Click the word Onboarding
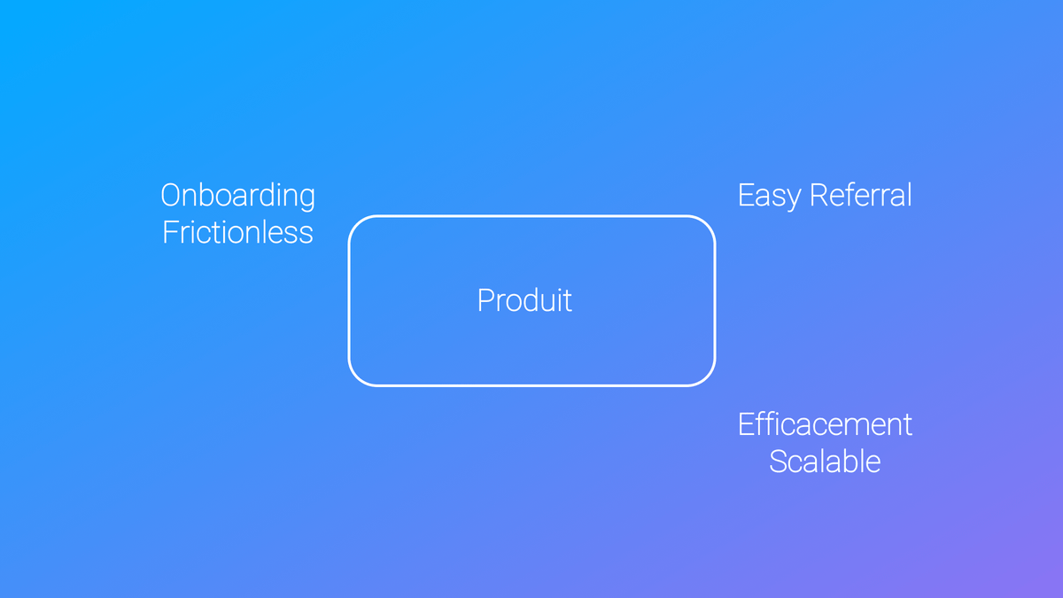(x=237, y=197)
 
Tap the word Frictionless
(x=237, y=232)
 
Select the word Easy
(x=769, y=197)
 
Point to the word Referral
(x=861, y=195)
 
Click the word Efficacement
(x=825, y=423)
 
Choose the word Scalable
(x=825, y=461)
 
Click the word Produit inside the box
(x=524, y=300)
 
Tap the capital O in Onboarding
(x=171, y=195)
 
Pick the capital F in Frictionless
(x=170, y=232)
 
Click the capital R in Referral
(x=819, y=195)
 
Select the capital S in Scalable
(x=779, y=462)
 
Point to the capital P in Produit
(x=487, y=300)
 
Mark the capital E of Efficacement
(x=746, y=424)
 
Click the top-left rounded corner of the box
(x=355, y=222)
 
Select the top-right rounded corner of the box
(x=708, y=222)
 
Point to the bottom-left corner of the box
(x=355, y=379)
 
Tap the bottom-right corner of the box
(x=708, y=379)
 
